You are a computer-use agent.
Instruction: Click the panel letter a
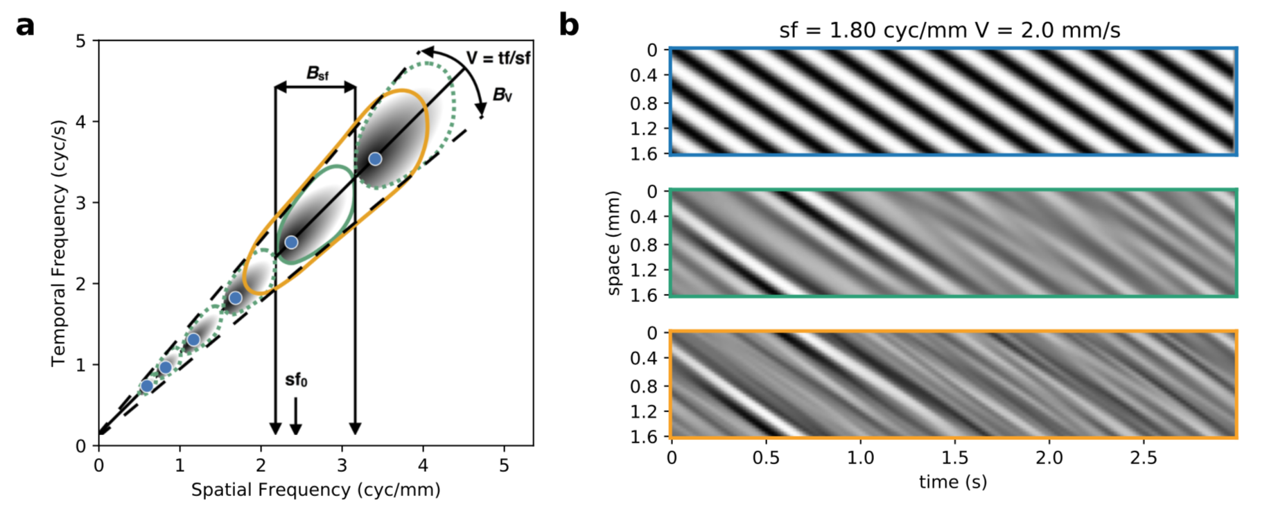tap(25, 26)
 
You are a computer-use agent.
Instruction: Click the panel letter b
tap(568, 26)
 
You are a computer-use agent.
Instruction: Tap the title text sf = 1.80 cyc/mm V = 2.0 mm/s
tap(950, 30)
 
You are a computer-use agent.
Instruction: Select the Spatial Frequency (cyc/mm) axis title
tap(315, 491)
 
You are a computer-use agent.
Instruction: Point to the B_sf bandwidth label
tap(317, 73)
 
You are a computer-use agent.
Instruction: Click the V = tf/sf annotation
tap(498, 58)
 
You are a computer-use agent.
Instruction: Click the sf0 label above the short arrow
tap(296, 380)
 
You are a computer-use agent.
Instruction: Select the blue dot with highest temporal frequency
tap(375, 159)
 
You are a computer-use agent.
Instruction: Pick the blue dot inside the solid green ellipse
tap(291, 242)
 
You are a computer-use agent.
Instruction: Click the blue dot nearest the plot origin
tap(147, 386)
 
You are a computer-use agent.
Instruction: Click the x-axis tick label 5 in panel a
tap(504, 465)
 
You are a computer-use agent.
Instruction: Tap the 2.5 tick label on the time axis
tap(1144, 458)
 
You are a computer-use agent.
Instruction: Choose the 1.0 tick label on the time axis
tap(860, 458)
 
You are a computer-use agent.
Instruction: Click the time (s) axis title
tap(953, 482)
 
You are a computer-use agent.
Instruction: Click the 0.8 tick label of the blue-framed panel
tap(644, 103)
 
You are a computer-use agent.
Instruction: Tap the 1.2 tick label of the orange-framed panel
tap(644, 412)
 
